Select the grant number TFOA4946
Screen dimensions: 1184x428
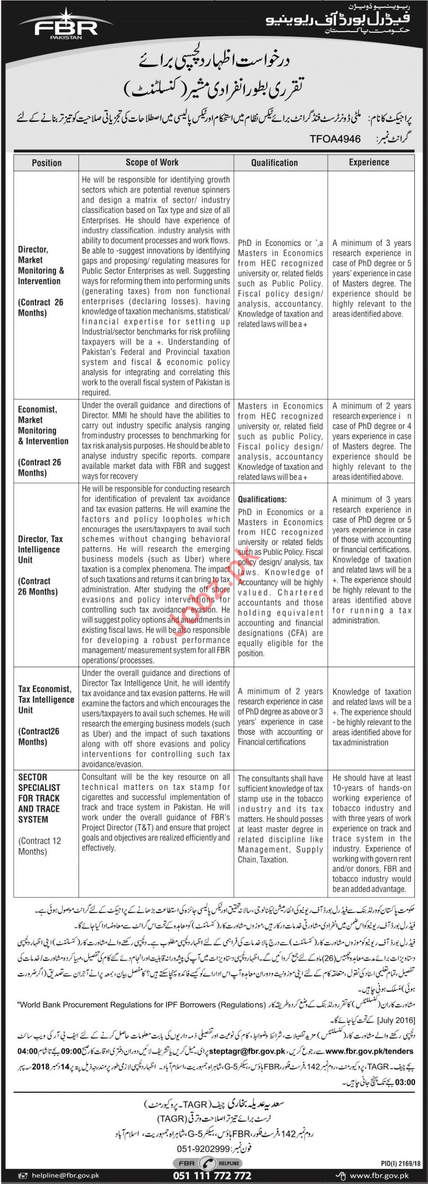pos(335,139)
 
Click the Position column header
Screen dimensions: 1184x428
pos(46,163)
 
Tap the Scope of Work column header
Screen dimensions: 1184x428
pos(152,162)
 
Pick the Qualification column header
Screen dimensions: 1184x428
pos(274,163)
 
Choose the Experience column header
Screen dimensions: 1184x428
pos(369,162)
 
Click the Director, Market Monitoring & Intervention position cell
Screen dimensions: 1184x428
pos(41,281)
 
